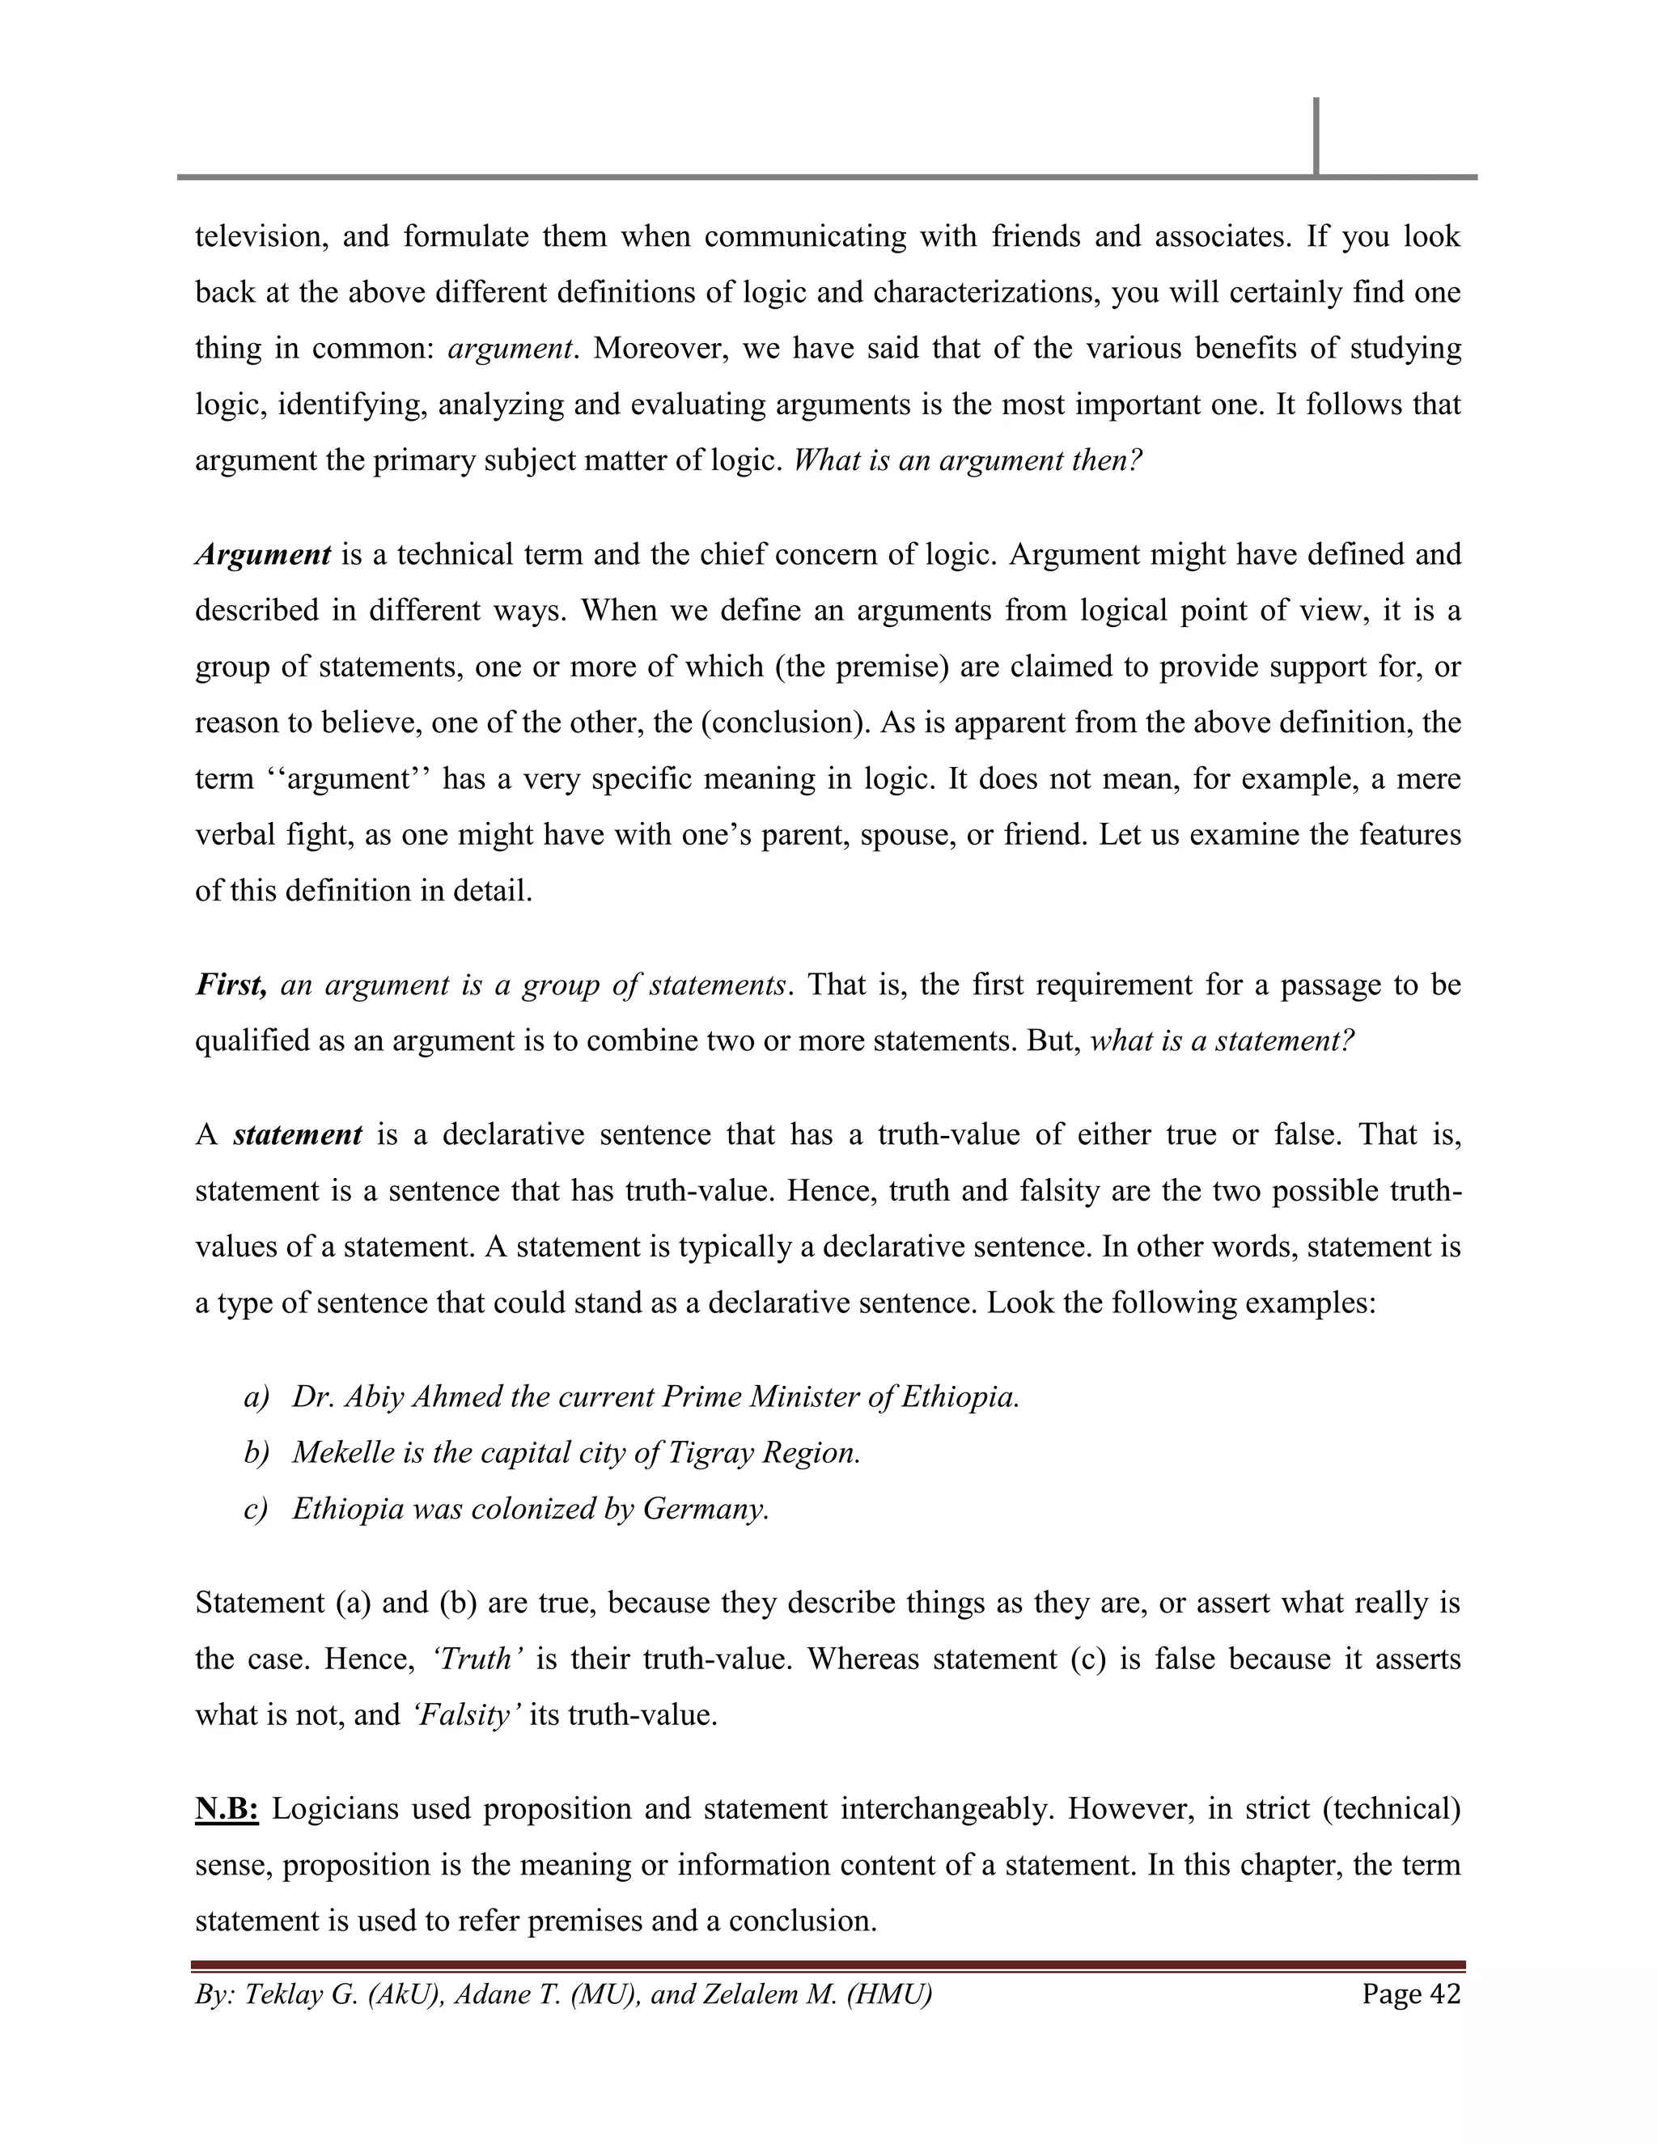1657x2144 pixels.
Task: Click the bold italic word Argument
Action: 263,555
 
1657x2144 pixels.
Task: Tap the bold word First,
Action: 231,985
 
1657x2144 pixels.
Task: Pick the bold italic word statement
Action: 299,1135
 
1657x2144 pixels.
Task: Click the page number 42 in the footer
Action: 1445,1994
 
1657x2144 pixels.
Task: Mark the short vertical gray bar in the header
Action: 1316,137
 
